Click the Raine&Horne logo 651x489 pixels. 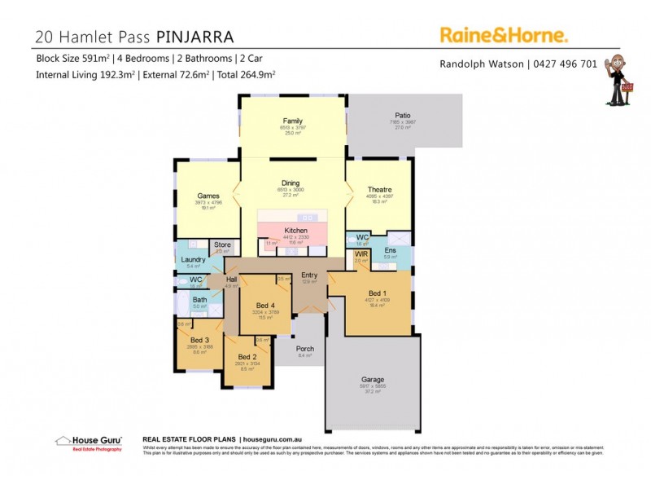click(504, 34)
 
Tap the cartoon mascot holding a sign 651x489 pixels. click(621, 81)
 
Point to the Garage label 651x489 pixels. click(373, 380)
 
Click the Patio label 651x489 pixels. click(404, 116)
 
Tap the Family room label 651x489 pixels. click(292, 121)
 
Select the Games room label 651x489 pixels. click(209, 196)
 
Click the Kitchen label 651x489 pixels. click(295, 231)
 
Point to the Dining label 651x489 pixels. click(291, 183)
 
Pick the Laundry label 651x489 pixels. click(194, 259)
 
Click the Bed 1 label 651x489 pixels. click(378, 293)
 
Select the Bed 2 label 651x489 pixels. click(247, 357)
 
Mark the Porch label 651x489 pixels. click(305, 349)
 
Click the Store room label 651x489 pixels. click(223, 244)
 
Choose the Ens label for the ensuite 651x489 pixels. click(391, 250)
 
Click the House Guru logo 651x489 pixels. click(89, 443)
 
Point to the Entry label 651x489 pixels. click(309, 275)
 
